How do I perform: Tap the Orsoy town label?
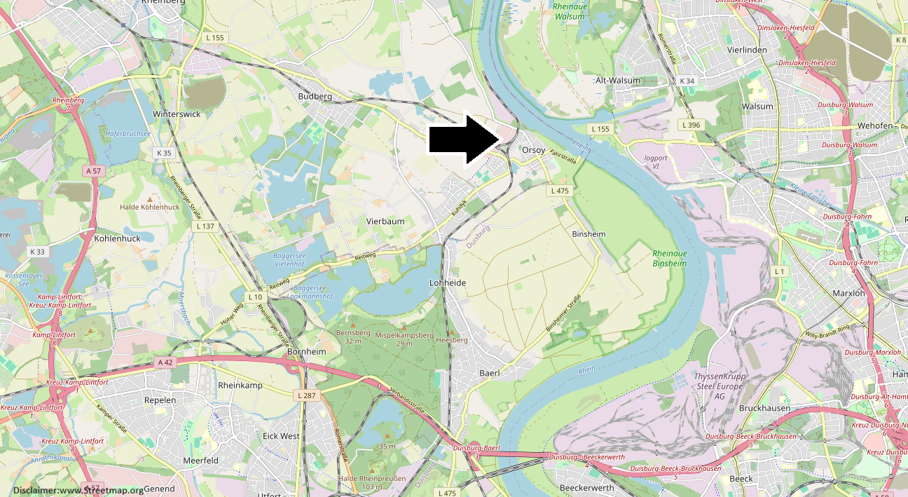(x=533, y=150)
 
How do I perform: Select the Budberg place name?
(x=315, y=96)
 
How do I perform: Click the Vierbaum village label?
(x=385, y=221)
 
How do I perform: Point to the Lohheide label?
(x=447, y=282)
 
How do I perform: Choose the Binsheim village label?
(x=589, y=233)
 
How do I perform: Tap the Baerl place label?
(x=489, y=373)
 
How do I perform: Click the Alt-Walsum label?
(x=617, y=81)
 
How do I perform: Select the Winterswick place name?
(x=177, y=114)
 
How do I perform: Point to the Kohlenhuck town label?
(x=117, y=238)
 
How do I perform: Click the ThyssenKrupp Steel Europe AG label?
(x=719, y=386)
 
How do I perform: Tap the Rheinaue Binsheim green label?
(x=669, y=259)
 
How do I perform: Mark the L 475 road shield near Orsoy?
(x=560, y=191)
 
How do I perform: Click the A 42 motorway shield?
(x=165, y=362)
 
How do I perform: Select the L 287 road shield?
(x=307, y=396)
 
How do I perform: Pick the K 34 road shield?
(x=687, y=81)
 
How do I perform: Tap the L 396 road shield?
(x=691, y=125)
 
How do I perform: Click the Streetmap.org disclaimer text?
(x=78, y=490)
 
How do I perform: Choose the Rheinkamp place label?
(x=240, y=386)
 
